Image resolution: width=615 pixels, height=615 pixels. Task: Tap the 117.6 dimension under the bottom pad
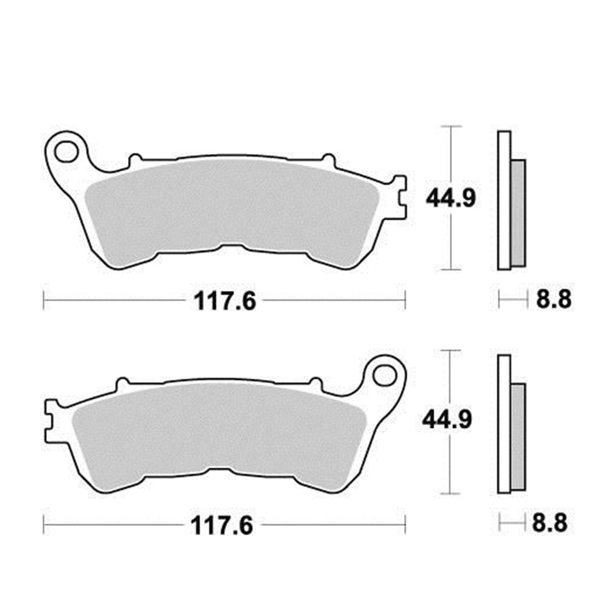(223, 525)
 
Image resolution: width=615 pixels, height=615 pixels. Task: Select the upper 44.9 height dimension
(451, 198)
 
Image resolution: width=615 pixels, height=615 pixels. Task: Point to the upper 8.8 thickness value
(553, 300)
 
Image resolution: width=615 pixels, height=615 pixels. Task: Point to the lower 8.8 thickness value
(549, 524)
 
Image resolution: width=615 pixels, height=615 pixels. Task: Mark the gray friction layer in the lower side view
(518, 437)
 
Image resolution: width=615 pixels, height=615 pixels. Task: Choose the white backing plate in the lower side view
(504, 424)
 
